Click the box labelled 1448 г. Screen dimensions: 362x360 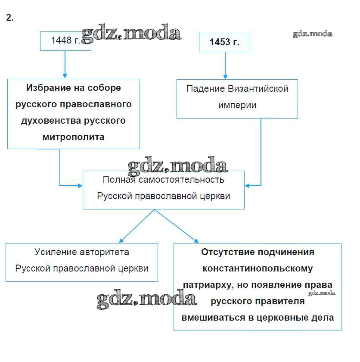pyautogui.click(x=65, y=41)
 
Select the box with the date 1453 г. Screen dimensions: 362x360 pyautogui.click(x=224, y=42)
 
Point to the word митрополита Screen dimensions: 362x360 pyautogui.click(x=74, y=137)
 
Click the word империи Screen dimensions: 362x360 pyautogui.click(x=237, y=105)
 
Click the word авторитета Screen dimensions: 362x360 pyautogui.click(x=105, y=252)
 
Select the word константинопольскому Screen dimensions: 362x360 pyautogui.click(x=258, y=268)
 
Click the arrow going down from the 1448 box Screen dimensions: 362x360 pyautogui.click(x=64, y=65)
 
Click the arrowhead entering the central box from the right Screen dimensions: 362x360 pyautogui.click(x=248, y=186)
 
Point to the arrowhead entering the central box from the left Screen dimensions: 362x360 pyautogui.click(x=80, y=186)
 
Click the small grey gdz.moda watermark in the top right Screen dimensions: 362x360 pyautogui.click(x=313, y=34)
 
